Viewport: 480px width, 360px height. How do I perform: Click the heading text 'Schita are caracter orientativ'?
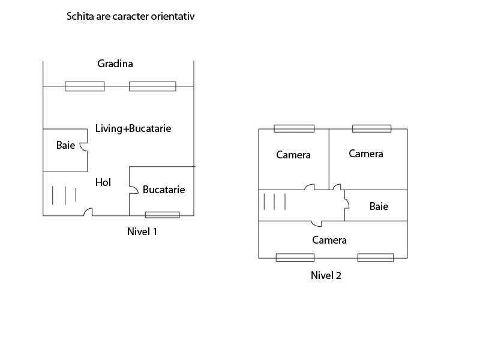tap(130, 17)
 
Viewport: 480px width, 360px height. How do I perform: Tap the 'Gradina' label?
tap(115, 64)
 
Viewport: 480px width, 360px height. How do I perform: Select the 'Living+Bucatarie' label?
tap(133, 128)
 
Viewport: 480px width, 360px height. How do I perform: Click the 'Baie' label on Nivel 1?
tap(65, 145)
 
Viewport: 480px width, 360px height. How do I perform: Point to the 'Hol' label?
tap(103, 182)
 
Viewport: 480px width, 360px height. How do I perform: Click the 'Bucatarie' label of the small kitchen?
tap(164, 190)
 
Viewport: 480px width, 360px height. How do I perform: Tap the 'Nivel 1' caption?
tap(142, 231)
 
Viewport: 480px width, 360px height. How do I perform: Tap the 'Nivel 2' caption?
tap(326, 275)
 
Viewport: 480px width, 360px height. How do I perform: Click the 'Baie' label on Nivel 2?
tap(379, 206)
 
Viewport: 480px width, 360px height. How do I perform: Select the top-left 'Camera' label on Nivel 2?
tap(293, 155)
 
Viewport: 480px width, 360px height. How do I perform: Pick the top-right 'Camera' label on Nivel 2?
tap(366, 154)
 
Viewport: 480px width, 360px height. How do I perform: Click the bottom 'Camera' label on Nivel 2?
tap(329, 240)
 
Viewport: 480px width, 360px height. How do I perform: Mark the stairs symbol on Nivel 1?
tap(64, 195)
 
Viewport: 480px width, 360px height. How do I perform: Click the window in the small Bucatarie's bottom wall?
tap(162, 215)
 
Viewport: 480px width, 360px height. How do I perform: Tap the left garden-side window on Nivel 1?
tap(85, 86)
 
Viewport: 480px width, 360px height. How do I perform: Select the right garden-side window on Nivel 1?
tap(152, 86)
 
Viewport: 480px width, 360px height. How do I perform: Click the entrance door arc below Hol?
tap(88, 212)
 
